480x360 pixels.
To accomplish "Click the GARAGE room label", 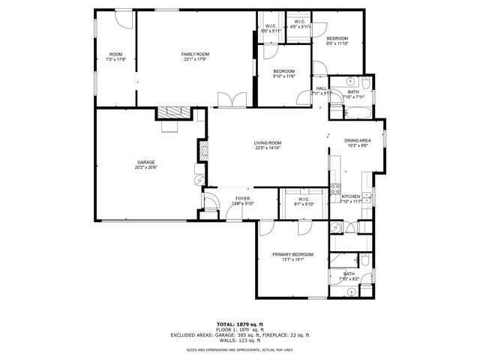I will click(x=145, y=162).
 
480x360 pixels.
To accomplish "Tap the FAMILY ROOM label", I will click(x=194, y=55).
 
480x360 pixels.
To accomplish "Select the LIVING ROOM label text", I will click(x=267, y=142).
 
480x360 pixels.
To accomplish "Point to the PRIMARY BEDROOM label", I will click(x=292, y=255).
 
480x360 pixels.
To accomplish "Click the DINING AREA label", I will click(x=358, y=140).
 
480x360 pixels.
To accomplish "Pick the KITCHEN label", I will click(x=351, y=196).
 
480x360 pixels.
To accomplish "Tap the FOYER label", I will click(x=222, y=198).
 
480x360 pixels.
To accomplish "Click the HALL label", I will click(x=322, y=88).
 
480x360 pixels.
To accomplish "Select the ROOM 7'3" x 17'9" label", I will click(x=115, y=55).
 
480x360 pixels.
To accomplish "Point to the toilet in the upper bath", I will click(x=365, y=81).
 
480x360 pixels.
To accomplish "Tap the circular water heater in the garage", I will click(x=198, y=180).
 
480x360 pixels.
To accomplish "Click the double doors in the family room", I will click(x=226, y=100).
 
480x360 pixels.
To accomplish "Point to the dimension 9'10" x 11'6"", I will click(x=283, y=76).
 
